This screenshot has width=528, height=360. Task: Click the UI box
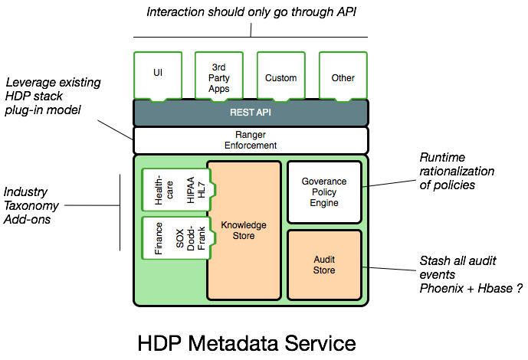pyautogui.click(x=158, y=74)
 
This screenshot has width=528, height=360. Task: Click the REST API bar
pyautogui.click(x=251, y=113)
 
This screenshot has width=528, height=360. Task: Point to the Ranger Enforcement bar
pyautogui.click(x=251, y=140)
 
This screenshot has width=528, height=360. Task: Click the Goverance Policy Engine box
pyautogui.click(x=324, y=192)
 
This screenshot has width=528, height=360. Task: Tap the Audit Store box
pyautogui.click(x=324, y=265)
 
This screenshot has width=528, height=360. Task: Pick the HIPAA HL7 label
pyautogui.click(x=196, y=189)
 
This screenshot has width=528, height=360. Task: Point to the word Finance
pyautogui.click(x=159, y=238)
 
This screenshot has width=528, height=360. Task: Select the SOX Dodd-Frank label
pyautogui.click(x=191, y=238)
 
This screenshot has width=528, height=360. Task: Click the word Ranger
pyautogui.click(x=251, y=135)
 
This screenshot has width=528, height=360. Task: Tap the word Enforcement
pyautogui.click(x=251, y=146)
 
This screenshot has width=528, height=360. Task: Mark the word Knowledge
pyautogui.click(x=244, y=225)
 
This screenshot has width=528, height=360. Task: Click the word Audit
pyautogui.click(x=324, y=260)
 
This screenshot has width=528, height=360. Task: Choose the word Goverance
pyautogui.click(x=324, y=182)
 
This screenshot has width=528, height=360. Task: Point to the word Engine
pyautogui.click(x=324, y=203)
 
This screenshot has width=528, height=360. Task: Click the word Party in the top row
pyautogui.click(x=218, y=78)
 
